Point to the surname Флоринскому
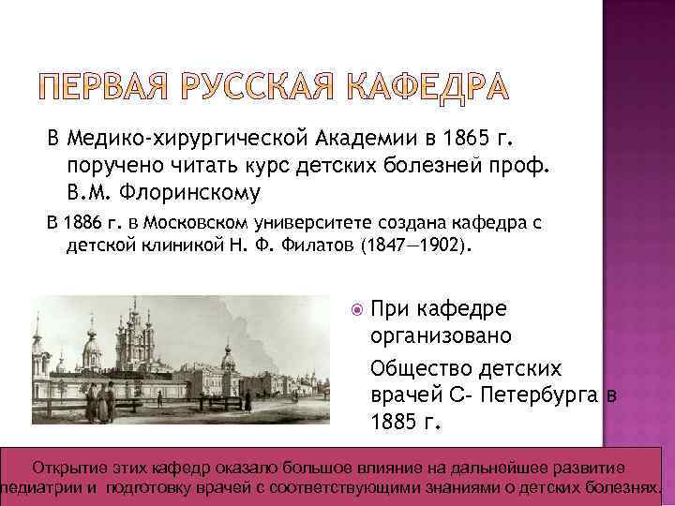click(x=194, y=193)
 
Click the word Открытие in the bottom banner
click(x=67, y=469)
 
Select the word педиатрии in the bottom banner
click(x=48, y=488)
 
